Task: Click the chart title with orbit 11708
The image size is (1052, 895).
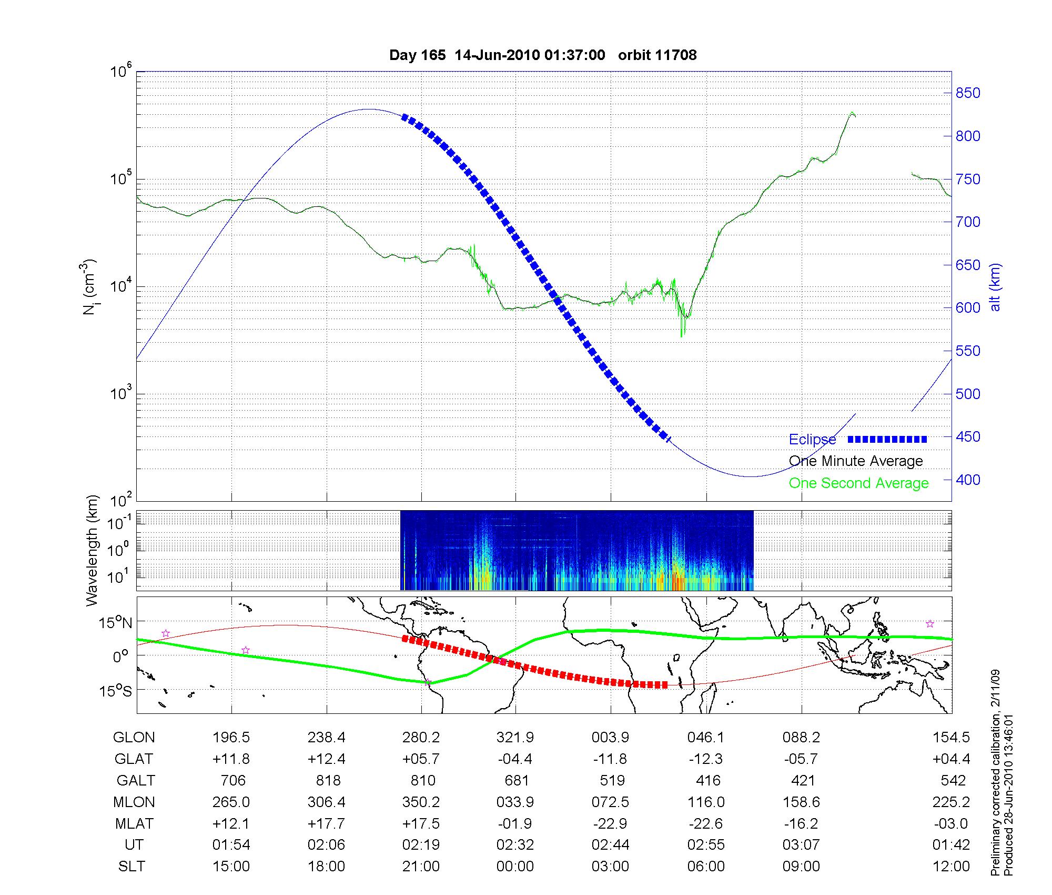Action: (542, 55)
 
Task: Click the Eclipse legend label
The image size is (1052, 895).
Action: (812, 440)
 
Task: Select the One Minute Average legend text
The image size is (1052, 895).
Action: (856, 461)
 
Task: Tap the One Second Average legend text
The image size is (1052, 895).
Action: (858, 483)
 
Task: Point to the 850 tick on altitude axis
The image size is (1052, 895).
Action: (968, 93)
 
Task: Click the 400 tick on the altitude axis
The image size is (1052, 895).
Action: (968, 480)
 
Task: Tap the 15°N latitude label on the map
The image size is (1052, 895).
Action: (115, 623)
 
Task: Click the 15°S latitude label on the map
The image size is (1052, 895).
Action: (115, 690)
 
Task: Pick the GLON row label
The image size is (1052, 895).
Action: (134, 738)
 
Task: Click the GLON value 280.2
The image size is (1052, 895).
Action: (421, 738)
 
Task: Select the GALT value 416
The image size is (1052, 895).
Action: (707, 780)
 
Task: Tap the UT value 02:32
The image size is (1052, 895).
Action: (515, 845)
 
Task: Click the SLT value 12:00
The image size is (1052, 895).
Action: (950, 867)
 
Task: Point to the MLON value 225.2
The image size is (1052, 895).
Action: (950, 802)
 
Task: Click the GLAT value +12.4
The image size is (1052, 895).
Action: (326, 759)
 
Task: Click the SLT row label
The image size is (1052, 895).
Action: (131, 867)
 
